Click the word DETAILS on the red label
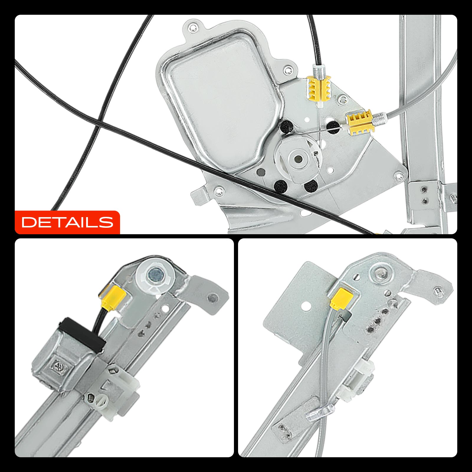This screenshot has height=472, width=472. pyautogui.click(x=68, y=222)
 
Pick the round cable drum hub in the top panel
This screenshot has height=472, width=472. pyautogui.click(x=297, y=158)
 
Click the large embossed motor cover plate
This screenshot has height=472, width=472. pyautogui.click(x=224, y=100)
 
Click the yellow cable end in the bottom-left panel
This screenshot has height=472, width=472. pyautogui.click(x=114, y=296)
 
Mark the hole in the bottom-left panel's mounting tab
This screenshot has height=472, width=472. pyautogui.click(x=211, y=298)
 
